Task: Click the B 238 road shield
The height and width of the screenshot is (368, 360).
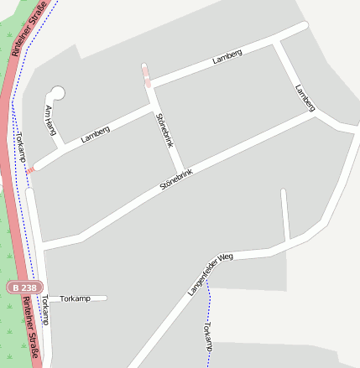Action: coord(24,287)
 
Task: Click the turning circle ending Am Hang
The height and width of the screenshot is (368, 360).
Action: coord(57,92)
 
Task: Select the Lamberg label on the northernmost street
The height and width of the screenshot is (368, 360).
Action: coord(227,56)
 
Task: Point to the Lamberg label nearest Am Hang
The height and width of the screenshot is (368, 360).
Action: coord(96,134)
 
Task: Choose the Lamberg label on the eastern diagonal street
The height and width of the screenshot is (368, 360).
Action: coord(305,97)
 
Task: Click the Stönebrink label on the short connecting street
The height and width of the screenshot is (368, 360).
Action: coord(164,131)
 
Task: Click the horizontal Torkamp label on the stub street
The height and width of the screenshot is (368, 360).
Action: coord(75,298)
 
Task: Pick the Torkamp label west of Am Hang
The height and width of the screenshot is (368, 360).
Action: coord(21,148)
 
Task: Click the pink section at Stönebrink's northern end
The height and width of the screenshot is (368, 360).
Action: coord(148,78)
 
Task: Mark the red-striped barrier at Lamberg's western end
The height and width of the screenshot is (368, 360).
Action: coord(31,170)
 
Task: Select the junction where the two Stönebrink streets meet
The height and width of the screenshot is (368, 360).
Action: coord(180,168)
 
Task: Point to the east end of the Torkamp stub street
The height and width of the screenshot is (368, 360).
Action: coord(106,298)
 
